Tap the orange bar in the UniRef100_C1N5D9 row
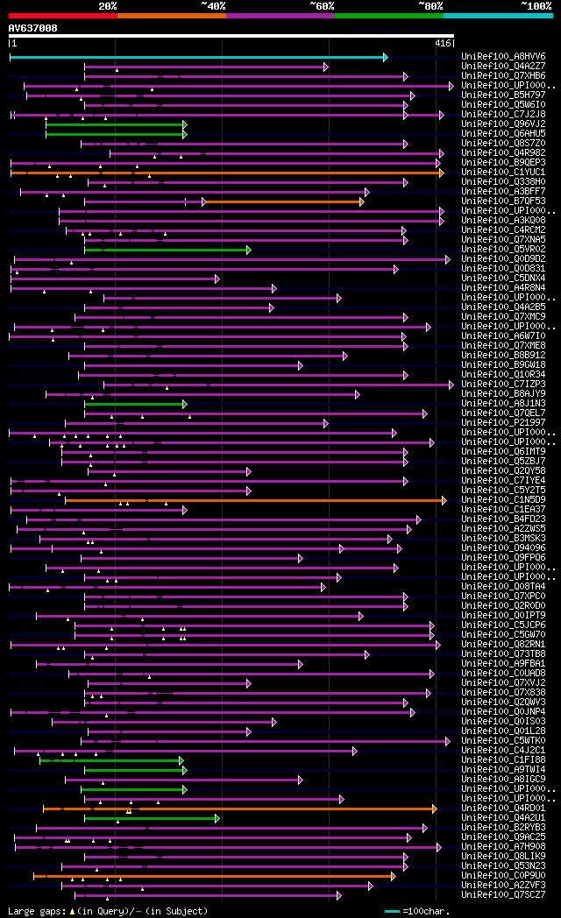[254, 500]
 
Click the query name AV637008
[33, 28]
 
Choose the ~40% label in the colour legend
[213, 6]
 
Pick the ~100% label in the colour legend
[536, 6]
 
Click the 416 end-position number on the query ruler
[443, 43]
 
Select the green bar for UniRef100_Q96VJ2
[115, 124]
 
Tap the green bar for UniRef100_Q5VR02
[167, 250]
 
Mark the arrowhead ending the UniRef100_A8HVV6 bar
[385, 57]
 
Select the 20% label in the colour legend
[108, 6]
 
